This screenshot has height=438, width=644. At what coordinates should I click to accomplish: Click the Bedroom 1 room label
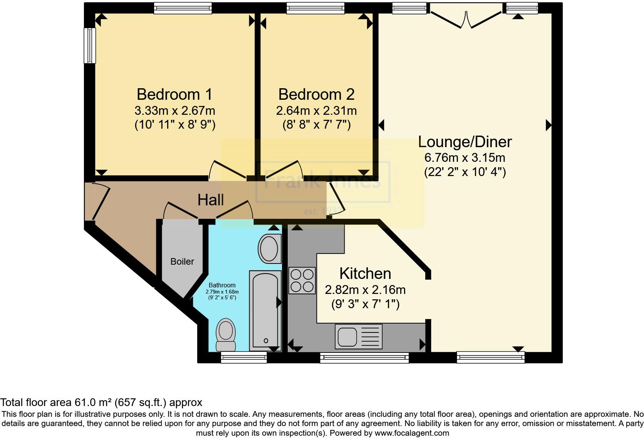coord(174,94)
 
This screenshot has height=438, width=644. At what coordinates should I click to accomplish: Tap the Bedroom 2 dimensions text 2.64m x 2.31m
coord(316,111)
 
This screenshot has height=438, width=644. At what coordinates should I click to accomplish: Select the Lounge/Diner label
coord(465,142)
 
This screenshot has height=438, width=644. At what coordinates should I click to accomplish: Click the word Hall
coord(210,200)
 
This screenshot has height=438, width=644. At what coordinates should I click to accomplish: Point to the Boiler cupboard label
coord(182,262)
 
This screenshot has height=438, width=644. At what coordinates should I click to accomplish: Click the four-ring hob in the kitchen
coord(302,280)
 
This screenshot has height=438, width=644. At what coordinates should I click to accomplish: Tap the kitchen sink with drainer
coord(359,336)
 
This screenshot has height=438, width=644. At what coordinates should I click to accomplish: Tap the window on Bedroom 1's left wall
coord(90,45)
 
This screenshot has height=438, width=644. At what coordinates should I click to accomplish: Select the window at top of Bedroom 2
coord(315,8)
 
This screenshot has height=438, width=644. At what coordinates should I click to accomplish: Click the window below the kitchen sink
coord(364,358)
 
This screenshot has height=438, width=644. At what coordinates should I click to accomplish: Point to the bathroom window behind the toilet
coord(243,358)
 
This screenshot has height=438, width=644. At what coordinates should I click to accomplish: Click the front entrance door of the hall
coord(99,202)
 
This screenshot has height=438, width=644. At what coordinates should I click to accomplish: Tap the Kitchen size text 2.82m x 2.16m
coord(365,289)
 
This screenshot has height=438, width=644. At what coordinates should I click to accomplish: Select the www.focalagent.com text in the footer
coord(412,433)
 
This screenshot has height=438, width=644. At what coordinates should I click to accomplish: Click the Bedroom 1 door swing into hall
coord(227,169)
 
